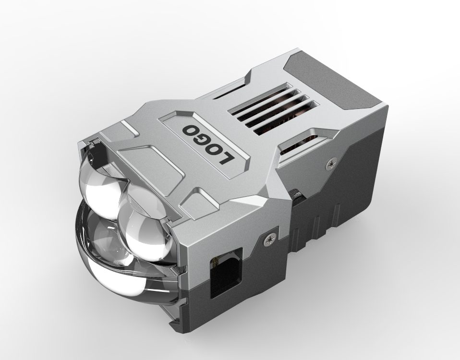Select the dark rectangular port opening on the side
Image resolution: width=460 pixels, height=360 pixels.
pyautogui.click(x=227, y=273)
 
